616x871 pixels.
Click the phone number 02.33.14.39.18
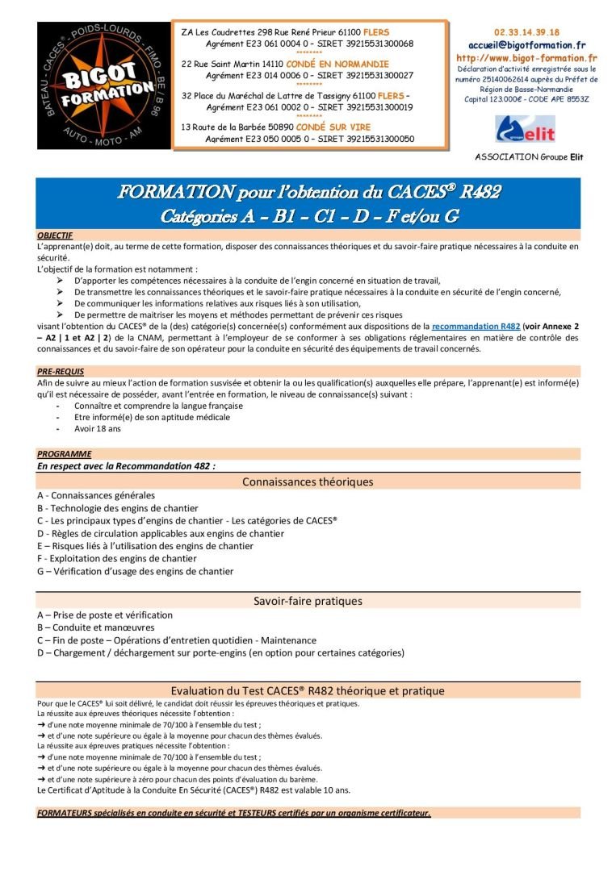(526, 32)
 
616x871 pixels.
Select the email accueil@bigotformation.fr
(526, 45)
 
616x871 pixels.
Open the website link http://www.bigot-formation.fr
(526, 58)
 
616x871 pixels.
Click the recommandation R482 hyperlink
(476, 326)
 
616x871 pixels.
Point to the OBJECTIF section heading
(55, 235)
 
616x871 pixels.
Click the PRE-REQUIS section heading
(57, 371)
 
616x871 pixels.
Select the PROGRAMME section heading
(64, 454)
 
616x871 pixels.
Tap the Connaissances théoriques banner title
(308, 482)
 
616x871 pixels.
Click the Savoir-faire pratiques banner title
(308, 601)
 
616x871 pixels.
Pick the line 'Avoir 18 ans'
(97, 429)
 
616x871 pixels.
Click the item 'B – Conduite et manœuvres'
(95, 627)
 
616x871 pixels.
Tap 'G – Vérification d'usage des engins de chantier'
(135, 571)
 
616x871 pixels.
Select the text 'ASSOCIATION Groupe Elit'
(529, 157)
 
